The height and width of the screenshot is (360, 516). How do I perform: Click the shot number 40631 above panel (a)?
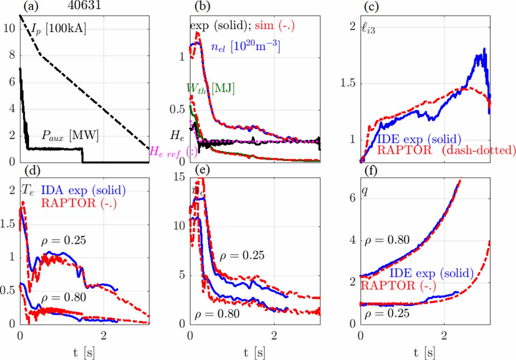pos(84,5)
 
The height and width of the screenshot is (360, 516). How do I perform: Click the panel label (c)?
pos(371,6)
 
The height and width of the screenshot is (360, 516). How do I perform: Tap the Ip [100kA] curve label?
pos(59,29)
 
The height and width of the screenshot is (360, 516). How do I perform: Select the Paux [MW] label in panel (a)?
pos(70,135)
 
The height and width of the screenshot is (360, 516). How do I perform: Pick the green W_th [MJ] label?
pos(210,88)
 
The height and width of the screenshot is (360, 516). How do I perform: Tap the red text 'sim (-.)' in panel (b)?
pos(274,25)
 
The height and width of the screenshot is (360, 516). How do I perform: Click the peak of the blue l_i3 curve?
pos(484,49)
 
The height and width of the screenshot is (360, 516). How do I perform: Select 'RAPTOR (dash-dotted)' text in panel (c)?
pos(446,150)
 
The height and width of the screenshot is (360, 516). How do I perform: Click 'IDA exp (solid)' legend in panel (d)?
pos(83,190)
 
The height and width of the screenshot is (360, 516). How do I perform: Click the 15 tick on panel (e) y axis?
pos(180,177)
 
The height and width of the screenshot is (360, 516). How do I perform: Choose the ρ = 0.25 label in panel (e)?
pos(242,255)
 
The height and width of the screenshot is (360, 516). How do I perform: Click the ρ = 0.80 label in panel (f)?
pos(387,240)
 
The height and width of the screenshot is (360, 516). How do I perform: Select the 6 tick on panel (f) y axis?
pos(352,197)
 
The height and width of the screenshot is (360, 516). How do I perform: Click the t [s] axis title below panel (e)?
pos(255,352)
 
